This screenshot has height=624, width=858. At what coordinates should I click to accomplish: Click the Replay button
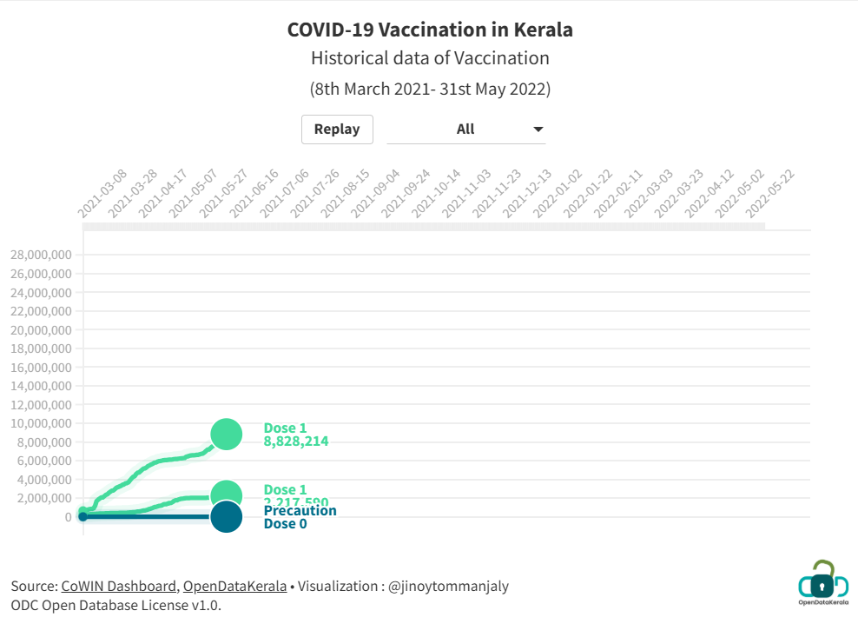tap(337, 129)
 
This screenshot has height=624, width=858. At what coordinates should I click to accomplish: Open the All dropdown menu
tap(465, 129)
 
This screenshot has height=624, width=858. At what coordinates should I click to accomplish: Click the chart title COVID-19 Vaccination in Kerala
tap(430, 30)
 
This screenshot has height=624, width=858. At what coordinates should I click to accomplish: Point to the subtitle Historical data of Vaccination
tap(430, 58)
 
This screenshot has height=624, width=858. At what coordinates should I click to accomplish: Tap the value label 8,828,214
tap(296, 441)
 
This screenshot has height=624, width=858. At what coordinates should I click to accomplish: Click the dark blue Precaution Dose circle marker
tap(226, 517)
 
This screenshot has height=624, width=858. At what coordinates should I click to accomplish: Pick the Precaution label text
tap(300, 510)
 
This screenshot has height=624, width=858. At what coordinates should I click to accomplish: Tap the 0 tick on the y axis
tap(67, 517)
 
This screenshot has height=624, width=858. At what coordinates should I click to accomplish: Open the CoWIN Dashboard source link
tap(120, 586)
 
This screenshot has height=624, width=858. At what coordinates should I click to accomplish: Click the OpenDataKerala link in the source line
tap(234, 586)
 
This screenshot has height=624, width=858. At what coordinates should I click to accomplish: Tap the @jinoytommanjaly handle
tap(447, 586)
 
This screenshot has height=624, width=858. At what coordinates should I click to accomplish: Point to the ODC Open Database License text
tap(116, 605)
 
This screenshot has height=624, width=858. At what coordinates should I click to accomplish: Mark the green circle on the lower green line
tap(226, 495)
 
